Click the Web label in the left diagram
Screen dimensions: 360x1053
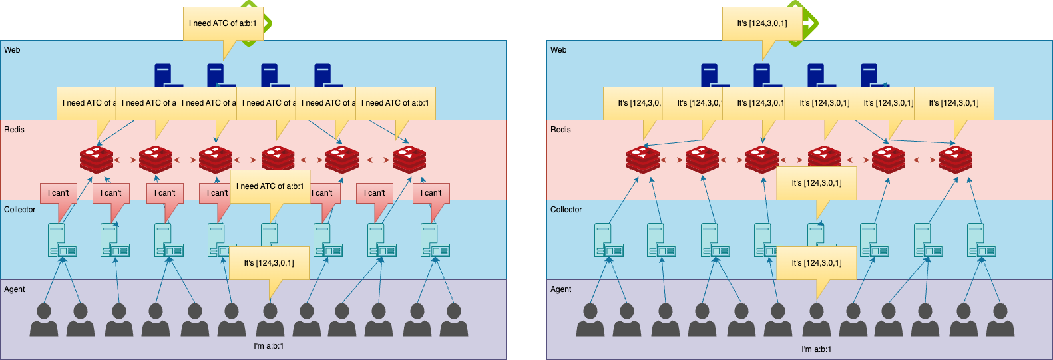point(12,50)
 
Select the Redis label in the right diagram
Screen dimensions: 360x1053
point(560,130)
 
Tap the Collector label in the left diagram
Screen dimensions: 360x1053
point(20,210)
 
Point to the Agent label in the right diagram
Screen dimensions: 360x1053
point(560,289)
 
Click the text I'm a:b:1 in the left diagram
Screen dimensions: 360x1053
point(269,346)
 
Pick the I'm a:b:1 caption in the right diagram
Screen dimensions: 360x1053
point(816,349)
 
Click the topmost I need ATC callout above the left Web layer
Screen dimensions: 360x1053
point(223,23)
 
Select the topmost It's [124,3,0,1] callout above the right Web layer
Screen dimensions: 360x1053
point(762,23)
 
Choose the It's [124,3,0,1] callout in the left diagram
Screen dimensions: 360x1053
point(269,263)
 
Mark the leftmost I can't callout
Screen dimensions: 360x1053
point(59,193)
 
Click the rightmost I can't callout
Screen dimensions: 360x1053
point(431,193)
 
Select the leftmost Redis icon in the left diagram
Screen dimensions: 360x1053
point(97,160)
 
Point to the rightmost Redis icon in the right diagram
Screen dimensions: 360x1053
point(955,160)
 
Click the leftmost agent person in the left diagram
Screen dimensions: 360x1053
point(44,320)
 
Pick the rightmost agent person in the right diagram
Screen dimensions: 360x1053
point(1000,320)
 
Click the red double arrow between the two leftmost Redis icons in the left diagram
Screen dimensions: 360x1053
point(126,160)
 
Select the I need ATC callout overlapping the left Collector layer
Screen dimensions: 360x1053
point(270,186)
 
